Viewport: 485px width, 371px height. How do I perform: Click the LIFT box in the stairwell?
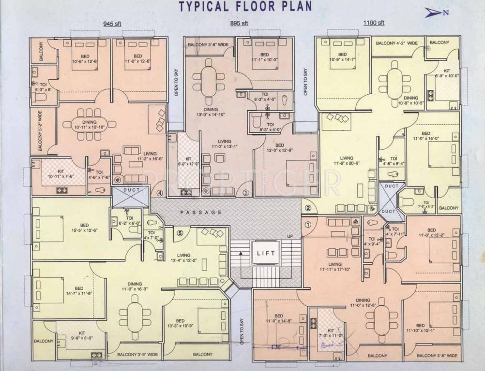point(266,253)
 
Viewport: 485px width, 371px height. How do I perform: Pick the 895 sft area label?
point(239,23)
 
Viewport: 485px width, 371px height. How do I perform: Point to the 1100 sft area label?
point(374,23)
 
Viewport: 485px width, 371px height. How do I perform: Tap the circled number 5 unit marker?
point(180,233)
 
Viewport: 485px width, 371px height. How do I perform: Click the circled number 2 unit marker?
point(308,208)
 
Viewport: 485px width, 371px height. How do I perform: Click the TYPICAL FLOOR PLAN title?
point(245,6)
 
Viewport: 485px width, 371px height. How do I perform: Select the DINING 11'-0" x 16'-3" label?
point(135,287)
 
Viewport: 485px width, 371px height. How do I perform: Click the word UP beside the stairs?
point(290,236)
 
